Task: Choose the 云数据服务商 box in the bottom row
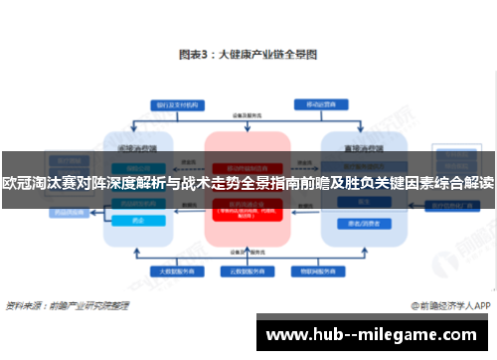pyautogui.click(x=248, y=270)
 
